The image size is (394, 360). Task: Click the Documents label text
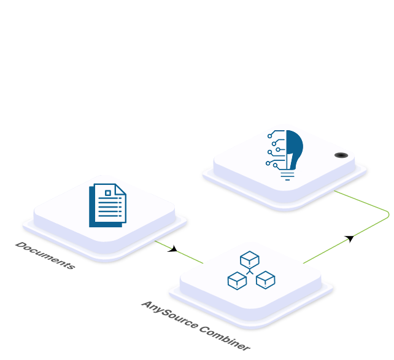point(45,256)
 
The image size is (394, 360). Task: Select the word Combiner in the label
point(225,338)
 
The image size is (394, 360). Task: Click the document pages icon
point(108,205)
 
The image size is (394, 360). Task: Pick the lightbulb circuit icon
point(284,155)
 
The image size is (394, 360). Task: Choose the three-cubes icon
point(251,270)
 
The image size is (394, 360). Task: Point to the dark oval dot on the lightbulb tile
point(341,155)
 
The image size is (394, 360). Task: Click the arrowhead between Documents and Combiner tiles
point(173,249)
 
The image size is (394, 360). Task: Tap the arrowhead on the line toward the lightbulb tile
point(350,238)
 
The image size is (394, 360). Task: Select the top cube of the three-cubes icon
point(250,260)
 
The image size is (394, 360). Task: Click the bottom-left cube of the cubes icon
point(237,281)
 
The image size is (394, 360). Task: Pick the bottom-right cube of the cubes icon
point(266,280)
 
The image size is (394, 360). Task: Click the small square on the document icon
point(108,193)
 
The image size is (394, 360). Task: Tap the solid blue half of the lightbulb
point(295,149)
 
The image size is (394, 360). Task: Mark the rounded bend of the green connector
point(388,214)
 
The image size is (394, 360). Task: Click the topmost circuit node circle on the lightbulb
point(269,136)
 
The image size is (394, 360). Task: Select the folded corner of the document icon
point(121,189)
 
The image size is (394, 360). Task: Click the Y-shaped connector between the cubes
point(250,272)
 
